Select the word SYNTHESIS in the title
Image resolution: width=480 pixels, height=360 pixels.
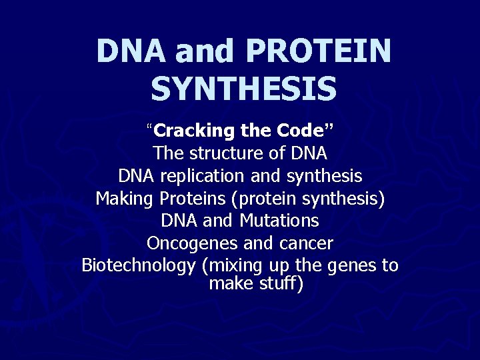pos(243,89)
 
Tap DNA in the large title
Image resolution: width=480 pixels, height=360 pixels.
pos(131,51)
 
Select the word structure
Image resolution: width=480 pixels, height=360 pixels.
pos(228,153)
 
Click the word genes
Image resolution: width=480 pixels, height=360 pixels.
pos(353,265)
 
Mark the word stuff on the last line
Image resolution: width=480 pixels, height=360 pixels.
pos(281,284)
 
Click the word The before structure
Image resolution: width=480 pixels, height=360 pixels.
pos(169,153)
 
